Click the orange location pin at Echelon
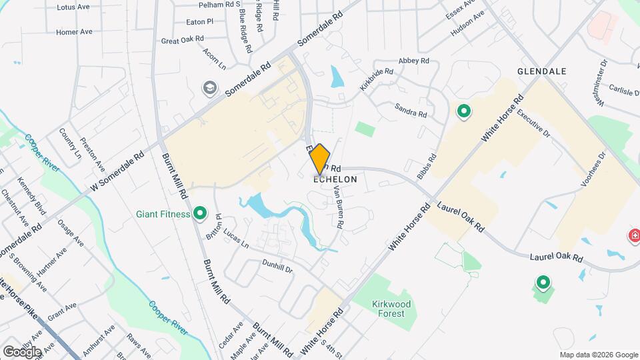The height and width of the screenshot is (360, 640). (320, 159)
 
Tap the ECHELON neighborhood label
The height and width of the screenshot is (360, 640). (335, 179)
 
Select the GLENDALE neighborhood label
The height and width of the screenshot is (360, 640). (541, 71)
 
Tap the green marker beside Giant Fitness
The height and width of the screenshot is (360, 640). (200, 214)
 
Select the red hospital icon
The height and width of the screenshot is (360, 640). (634, 235)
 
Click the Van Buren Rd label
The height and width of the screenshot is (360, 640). (338, 206)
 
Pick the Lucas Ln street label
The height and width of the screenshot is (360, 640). (235, 240)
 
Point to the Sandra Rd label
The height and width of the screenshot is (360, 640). (411, 110)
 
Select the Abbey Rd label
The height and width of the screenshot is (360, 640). (413, 61)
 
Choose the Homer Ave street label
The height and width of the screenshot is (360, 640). (74, 31)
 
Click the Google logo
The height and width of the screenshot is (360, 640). (22, 351)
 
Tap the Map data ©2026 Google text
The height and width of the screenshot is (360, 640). (599, 355)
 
